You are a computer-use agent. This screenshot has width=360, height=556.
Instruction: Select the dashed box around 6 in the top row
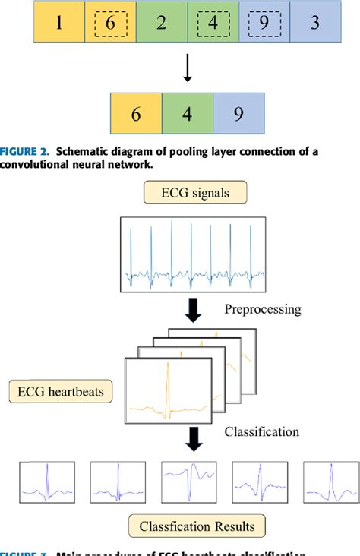click(x=110, y=24)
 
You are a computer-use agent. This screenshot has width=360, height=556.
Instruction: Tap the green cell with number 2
click(x=161, y=23)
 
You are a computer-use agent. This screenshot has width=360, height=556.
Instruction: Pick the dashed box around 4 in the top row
click(x=213, y=24)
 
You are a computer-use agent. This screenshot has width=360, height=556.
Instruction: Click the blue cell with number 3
click(x=314, y=23)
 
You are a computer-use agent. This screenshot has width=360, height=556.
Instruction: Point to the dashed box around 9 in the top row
click(x=264, y=24)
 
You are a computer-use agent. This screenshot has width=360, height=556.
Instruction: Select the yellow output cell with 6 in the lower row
click(x=136, y=113)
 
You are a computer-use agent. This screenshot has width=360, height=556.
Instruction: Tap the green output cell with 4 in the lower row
click(x=188, y=113)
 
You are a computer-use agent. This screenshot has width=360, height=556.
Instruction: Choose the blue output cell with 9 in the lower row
click(x=238, y=113)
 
